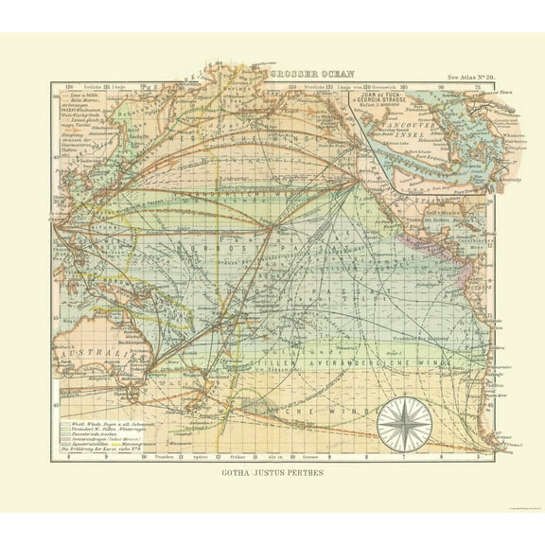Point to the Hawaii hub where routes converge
click(273, 226)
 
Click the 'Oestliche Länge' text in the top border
click(90, 89)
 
